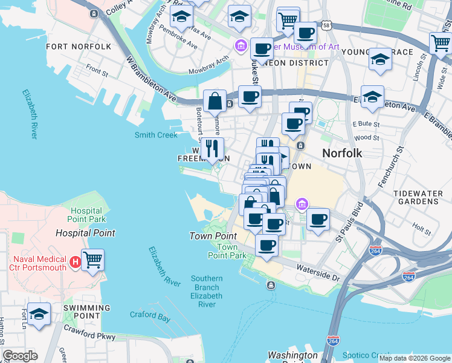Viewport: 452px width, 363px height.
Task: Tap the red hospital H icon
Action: (76, 263)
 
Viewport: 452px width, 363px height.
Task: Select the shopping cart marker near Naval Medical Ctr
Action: (92, 260)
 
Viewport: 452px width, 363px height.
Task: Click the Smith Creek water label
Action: (156, 136)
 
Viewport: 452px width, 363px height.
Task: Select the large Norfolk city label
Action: (342, 153)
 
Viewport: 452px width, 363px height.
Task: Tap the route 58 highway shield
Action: (326, 26)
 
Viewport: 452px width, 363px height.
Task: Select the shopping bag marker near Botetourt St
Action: (215, 102)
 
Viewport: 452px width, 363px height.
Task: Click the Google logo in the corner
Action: (20, 356)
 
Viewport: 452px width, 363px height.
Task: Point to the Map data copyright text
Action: (415, 358)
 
